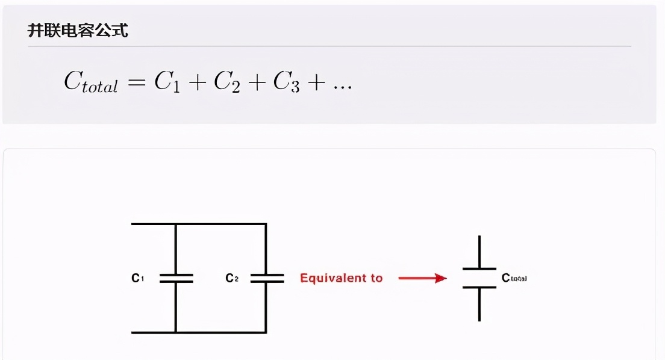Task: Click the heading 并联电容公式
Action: coord(78,31)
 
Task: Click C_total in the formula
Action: coord(90,82)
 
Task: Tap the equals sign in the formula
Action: coord(137,82)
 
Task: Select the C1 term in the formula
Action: coord(167,82)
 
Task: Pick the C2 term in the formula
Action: coord(226,82)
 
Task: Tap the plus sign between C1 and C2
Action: coord(197,82)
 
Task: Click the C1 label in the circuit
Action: coord(137,278)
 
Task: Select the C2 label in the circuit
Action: coord(232,278)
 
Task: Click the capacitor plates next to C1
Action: coord(176,278)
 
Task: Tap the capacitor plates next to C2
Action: coord(266,278)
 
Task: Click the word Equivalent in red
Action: coord(333,278)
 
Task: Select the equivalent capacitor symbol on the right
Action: coord(479,278)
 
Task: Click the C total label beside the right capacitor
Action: coord(514,278)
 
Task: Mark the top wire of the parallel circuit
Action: coord(199,224)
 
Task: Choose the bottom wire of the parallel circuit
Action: coord(199,332)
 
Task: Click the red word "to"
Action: coord(376,278)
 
